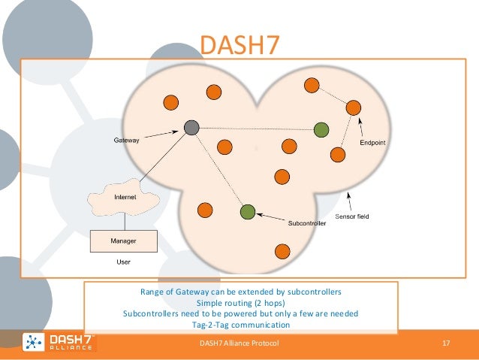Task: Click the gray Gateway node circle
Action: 191,127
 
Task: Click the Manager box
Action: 124,241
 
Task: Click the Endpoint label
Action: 374,143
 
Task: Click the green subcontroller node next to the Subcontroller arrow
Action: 247,212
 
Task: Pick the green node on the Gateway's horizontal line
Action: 321,129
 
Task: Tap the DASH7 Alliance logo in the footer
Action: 59,343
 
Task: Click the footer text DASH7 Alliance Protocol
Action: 239,343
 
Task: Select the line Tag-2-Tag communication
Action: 240,325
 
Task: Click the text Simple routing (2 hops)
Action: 240,302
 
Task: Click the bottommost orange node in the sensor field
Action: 282,251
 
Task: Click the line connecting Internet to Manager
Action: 124,219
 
